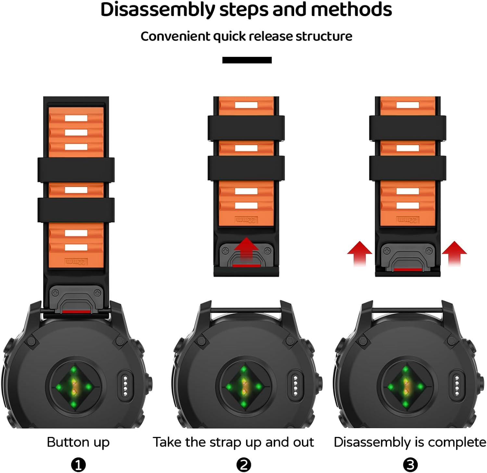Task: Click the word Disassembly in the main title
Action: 158,10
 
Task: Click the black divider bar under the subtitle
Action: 247,60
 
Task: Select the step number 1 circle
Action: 78,465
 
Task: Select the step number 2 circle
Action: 244,465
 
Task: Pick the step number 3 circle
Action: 410,465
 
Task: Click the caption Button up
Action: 78,442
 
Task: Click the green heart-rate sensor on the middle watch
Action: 244,386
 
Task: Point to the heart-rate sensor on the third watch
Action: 406,386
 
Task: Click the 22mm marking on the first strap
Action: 76,262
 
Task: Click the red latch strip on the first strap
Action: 76,312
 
